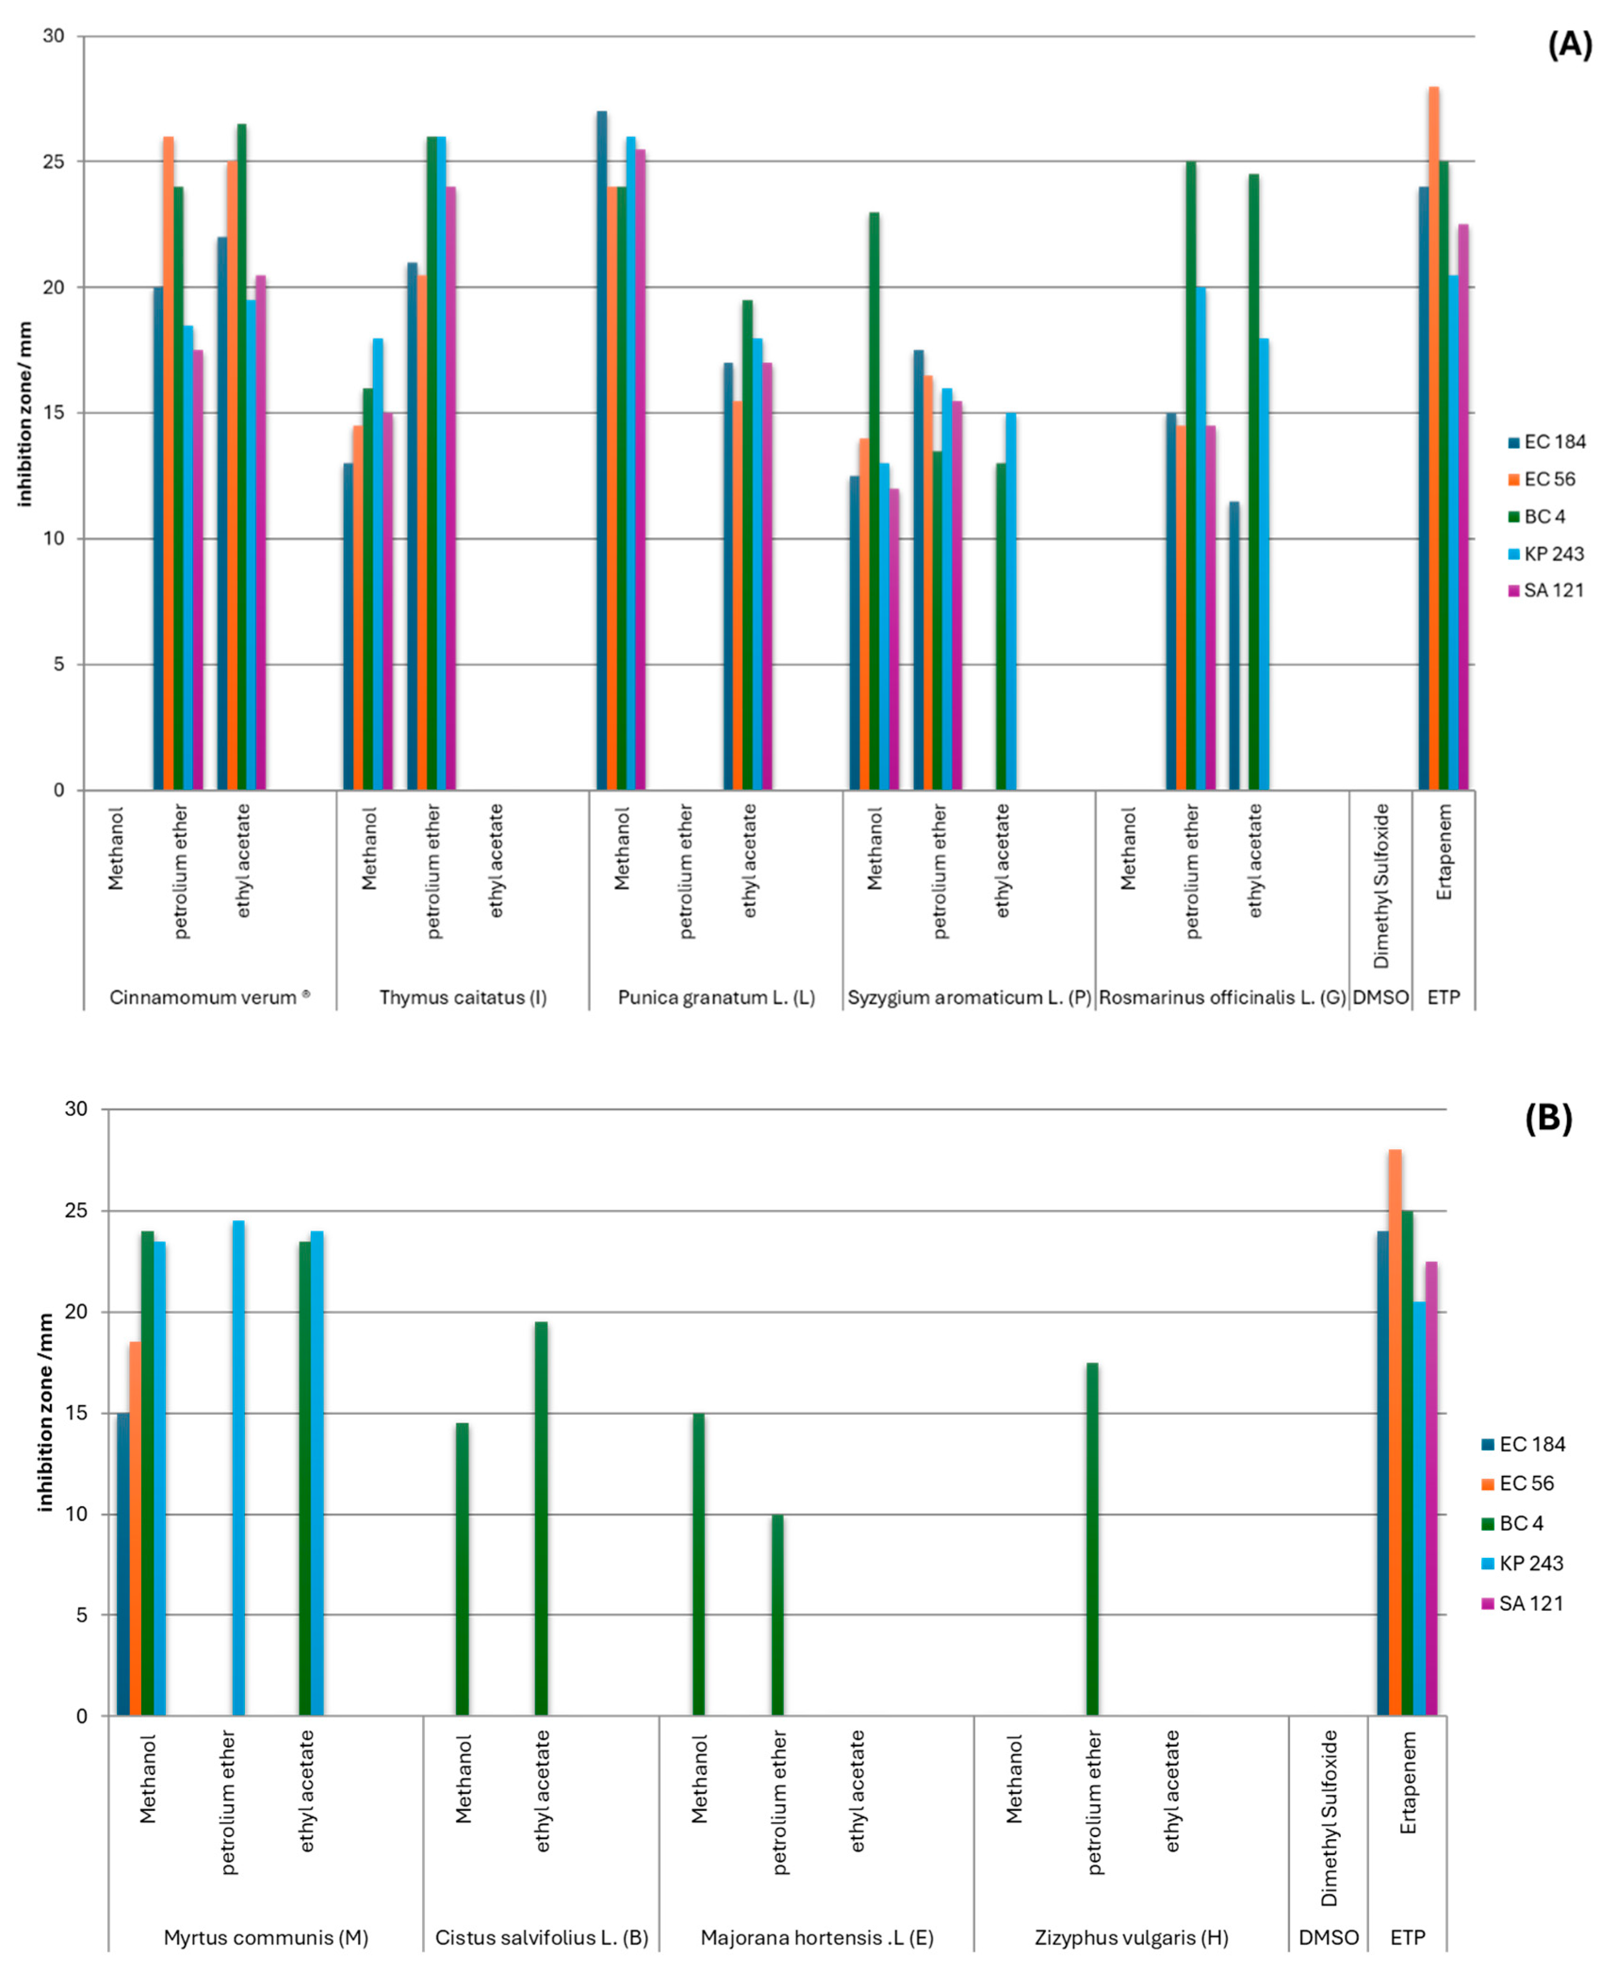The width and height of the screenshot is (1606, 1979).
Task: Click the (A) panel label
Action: tap(1569, 44)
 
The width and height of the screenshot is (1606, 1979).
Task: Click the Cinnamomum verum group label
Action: tap(209, 997)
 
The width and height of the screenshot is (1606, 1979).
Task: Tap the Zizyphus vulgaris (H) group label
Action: tap(1130, 1938)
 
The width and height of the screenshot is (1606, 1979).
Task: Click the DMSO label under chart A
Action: tap(1380, 997)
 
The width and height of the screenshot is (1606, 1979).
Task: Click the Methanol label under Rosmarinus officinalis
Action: tap(1127, 848)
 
